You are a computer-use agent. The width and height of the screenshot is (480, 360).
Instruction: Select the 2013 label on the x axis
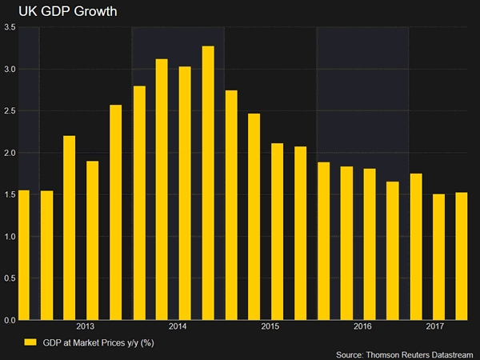(86, 327)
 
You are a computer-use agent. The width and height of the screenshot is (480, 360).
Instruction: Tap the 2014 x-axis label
(178, 327)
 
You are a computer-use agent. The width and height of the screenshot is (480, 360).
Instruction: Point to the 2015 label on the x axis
(270, 327)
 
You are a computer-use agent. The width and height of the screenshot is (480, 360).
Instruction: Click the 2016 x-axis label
(363, 327)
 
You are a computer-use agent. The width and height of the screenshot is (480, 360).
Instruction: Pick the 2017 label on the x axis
(435, 327)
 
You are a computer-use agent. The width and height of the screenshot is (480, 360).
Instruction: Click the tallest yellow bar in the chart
(208, 183)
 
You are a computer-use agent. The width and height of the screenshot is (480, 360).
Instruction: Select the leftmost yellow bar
(23, 255)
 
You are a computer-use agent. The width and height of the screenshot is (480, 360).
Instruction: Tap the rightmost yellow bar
(462, 256)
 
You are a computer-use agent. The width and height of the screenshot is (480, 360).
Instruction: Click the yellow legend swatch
(30, 342)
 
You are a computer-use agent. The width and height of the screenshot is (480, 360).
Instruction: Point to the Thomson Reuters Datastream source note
(404, 353)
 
